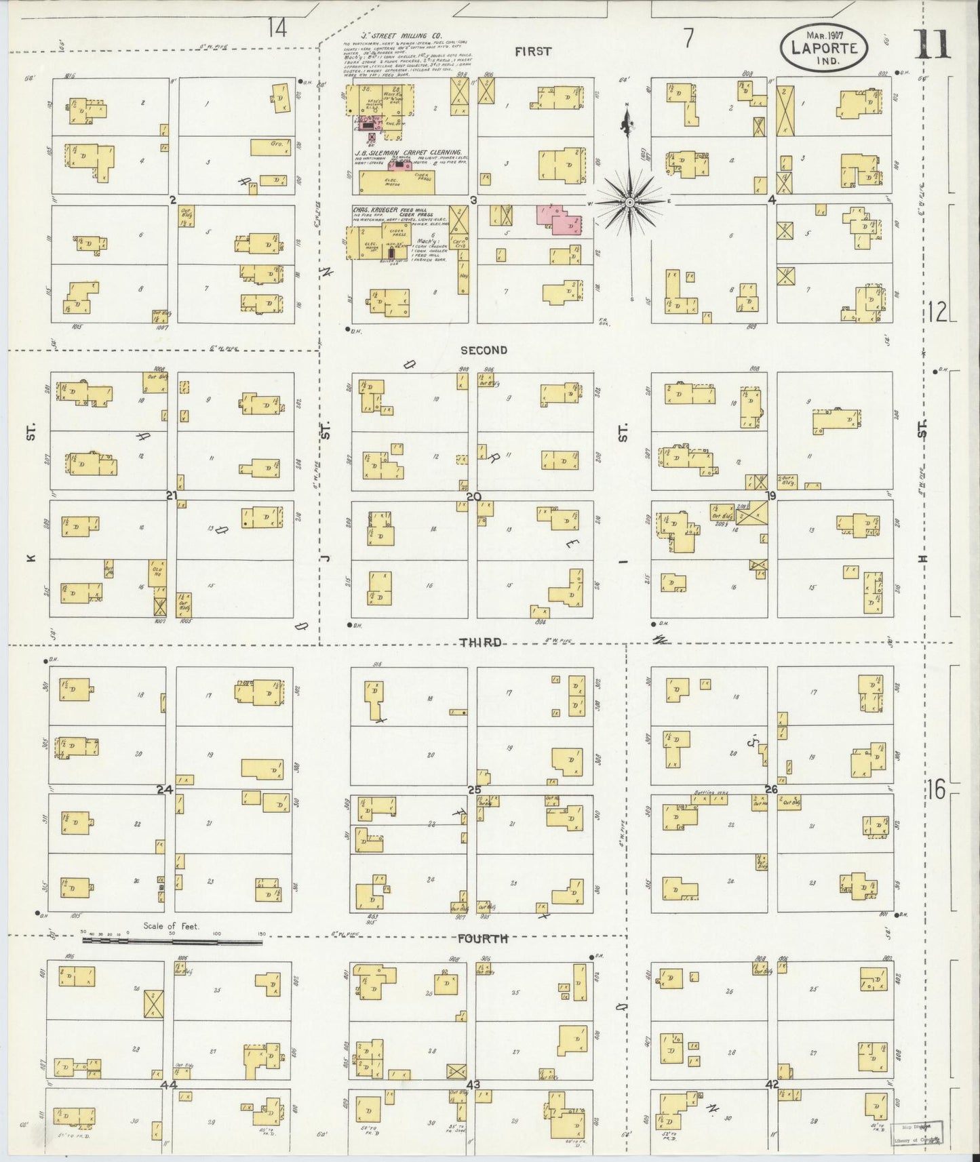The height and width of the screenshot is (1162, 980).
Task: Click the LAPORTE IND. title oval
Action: tap(823, 48)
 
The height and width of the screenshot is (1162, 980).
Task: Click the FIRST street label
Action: tap(533, 51)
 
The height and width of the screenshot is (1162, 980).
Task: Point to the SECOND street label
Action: tap(484, 350)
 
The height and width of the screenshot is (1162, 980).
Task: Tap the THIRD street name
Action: tap(482, 642)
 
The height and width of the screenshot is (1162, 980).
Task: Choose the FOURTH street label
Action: tap(483, 939)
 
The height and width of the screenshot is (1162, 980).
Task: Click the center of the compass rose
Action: tap(629, 202)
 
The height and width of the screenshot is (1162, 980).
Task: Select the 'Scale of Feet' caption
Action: tap(171, 925)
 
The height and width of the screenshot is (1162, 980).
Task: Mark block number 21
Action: tap(172, 496)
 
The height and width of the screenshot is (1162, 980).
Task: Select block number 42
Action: tap(771, 1085)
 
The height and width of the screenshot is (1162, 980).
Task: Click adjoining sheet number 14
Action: tap(277, 28)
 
